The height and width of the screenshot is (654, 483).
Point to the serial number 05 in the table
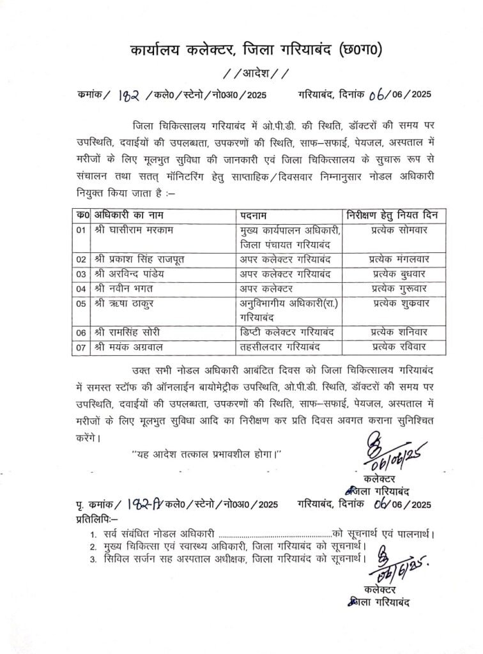point(81,304)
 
